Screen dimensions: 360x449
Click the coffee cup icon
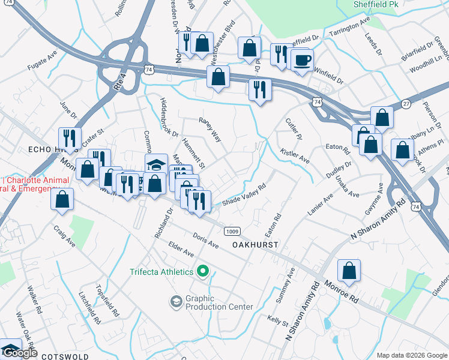coord(302,60)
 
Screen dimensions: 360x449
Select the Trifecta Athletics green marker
coord(203,272)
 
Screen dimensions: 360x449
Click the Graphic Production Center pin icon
coord(176,301)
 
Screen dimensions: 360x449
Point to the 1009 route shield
coord(232,231)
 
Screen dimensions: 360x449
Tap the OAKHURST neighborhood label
coord(255,245)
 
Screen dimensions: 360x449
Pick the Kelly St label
coord(278,319)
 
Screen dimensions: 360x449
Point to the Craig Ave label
coord(64,237)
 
